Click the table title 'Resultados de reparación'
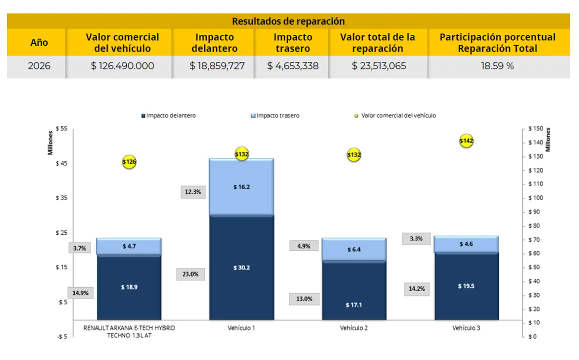288,21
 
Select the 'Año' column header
39,42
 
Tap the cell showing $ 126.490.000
122,65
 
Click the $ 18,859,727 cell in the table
217,65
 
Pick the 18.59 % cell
497,65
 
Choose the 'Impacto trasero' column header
293,42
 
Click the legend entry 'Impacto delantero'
168,115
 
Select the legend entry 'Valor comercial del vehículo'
395,115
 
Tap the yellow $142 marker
466,140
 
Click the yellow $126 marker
129,161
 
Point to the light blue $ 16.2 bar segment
241,187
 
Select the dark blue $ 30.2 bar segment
241,267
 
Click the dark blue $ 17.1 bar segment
354,290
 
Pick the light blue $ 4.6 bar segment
466,244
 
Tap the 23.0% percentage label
190,274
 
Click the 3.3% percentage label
416,238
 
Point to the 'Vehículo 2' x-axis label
354,328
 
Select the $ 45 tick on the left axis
61,163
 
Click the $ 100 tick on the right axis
536,198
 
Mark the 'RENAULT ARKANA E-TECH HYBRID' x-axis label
129,328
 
